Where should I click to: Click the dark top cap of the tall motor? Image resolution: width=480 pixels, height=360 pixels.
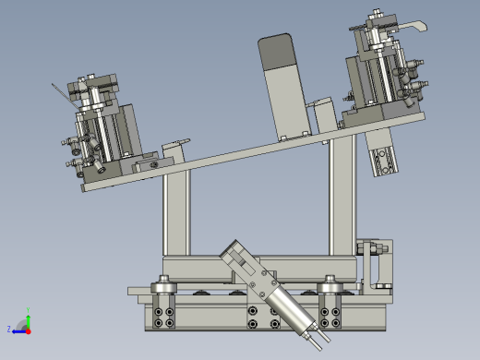click(274, 51)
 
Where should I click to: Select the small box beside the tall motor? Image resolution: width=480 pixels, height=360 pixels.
click(324, 115)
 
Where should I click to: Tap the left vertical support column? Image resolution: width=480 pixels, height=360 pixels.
click(174, 214)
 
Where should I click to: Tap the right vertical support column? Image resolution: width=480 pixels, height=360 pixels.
click(341, 198)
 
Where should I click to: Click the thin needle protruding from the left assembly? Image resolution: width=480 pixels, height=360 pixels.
click(63, 93)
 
